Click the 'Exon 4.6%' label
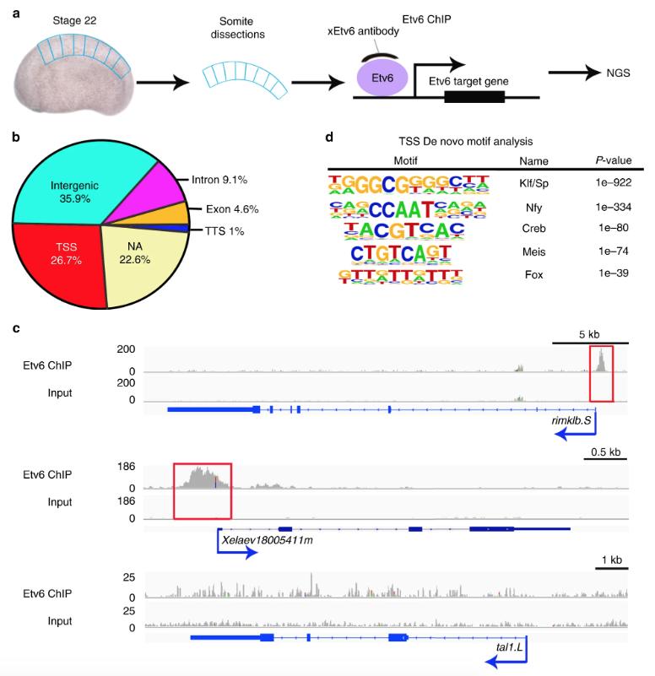point(234,208)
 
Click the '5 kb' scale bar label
point(589,333)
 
